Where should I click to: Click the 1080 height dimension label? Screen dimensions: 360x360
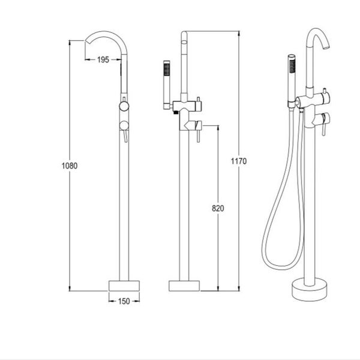pos(70,166)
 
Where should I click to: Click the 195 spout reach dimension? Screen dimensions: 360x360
pos(103,59)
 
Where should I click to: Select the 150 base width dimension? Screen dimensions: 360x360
pos(124,301)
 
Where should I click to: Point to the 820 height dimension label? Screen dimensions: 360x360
pos(218,208)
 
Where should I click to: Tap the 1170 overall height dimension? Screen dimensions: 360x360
pos(239,161)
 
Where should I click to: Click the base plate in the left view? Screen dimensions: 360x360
pos(124,286)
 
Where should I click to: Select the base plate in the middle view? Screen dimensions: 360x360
pos(184,286)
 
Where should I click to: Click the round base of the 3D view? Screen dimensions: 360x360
pos(310,290)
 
